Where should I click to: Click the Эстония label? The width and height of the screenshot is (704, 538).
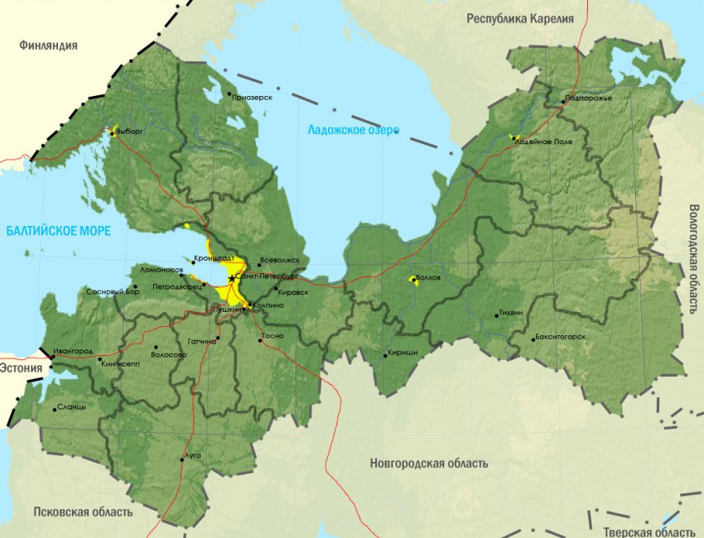(x=21, y=367)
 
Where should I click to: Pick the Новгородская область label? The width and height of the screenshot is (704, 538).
(x=429, y=464)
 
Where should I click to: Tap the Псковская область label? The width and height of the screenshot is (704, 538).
(x=82, y=512)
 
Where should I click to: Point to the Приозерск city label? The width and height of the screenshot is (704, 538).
(x=253, y=98)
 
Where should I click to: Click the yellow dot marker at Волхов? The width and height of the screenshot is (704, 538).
(x=412, y=280)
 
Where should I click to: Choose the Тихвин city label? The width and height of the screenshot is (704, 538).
(x=512, y=315)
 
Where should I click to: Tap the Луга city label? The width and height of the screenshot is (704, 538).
(x=192, y=456)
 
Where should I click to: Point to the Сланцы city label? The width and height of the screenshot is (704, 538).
(x=72, y=407)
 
